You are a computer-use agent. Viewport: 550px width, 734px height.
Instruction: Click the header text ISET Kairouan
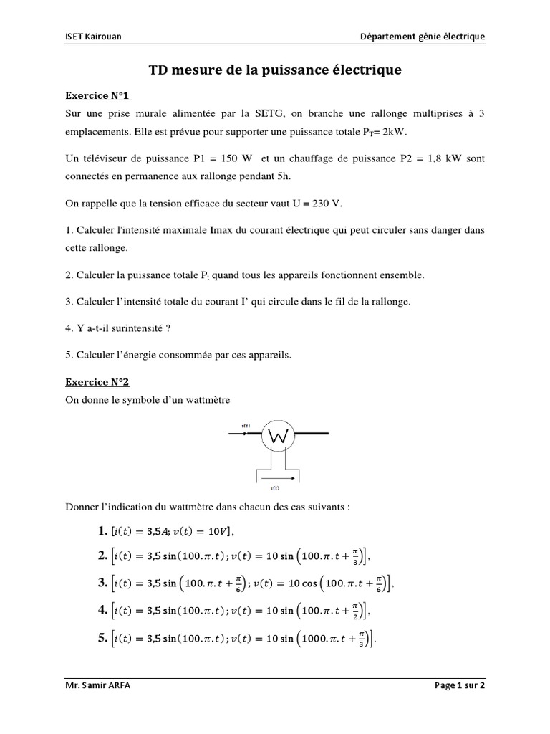click(89, 37)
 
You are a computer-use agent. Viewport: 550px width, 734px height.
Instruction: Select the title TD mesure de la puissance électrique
click(275, 70)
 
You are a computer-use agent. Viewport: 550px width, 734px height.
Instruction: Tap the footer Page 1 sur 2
click(460, 685)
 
